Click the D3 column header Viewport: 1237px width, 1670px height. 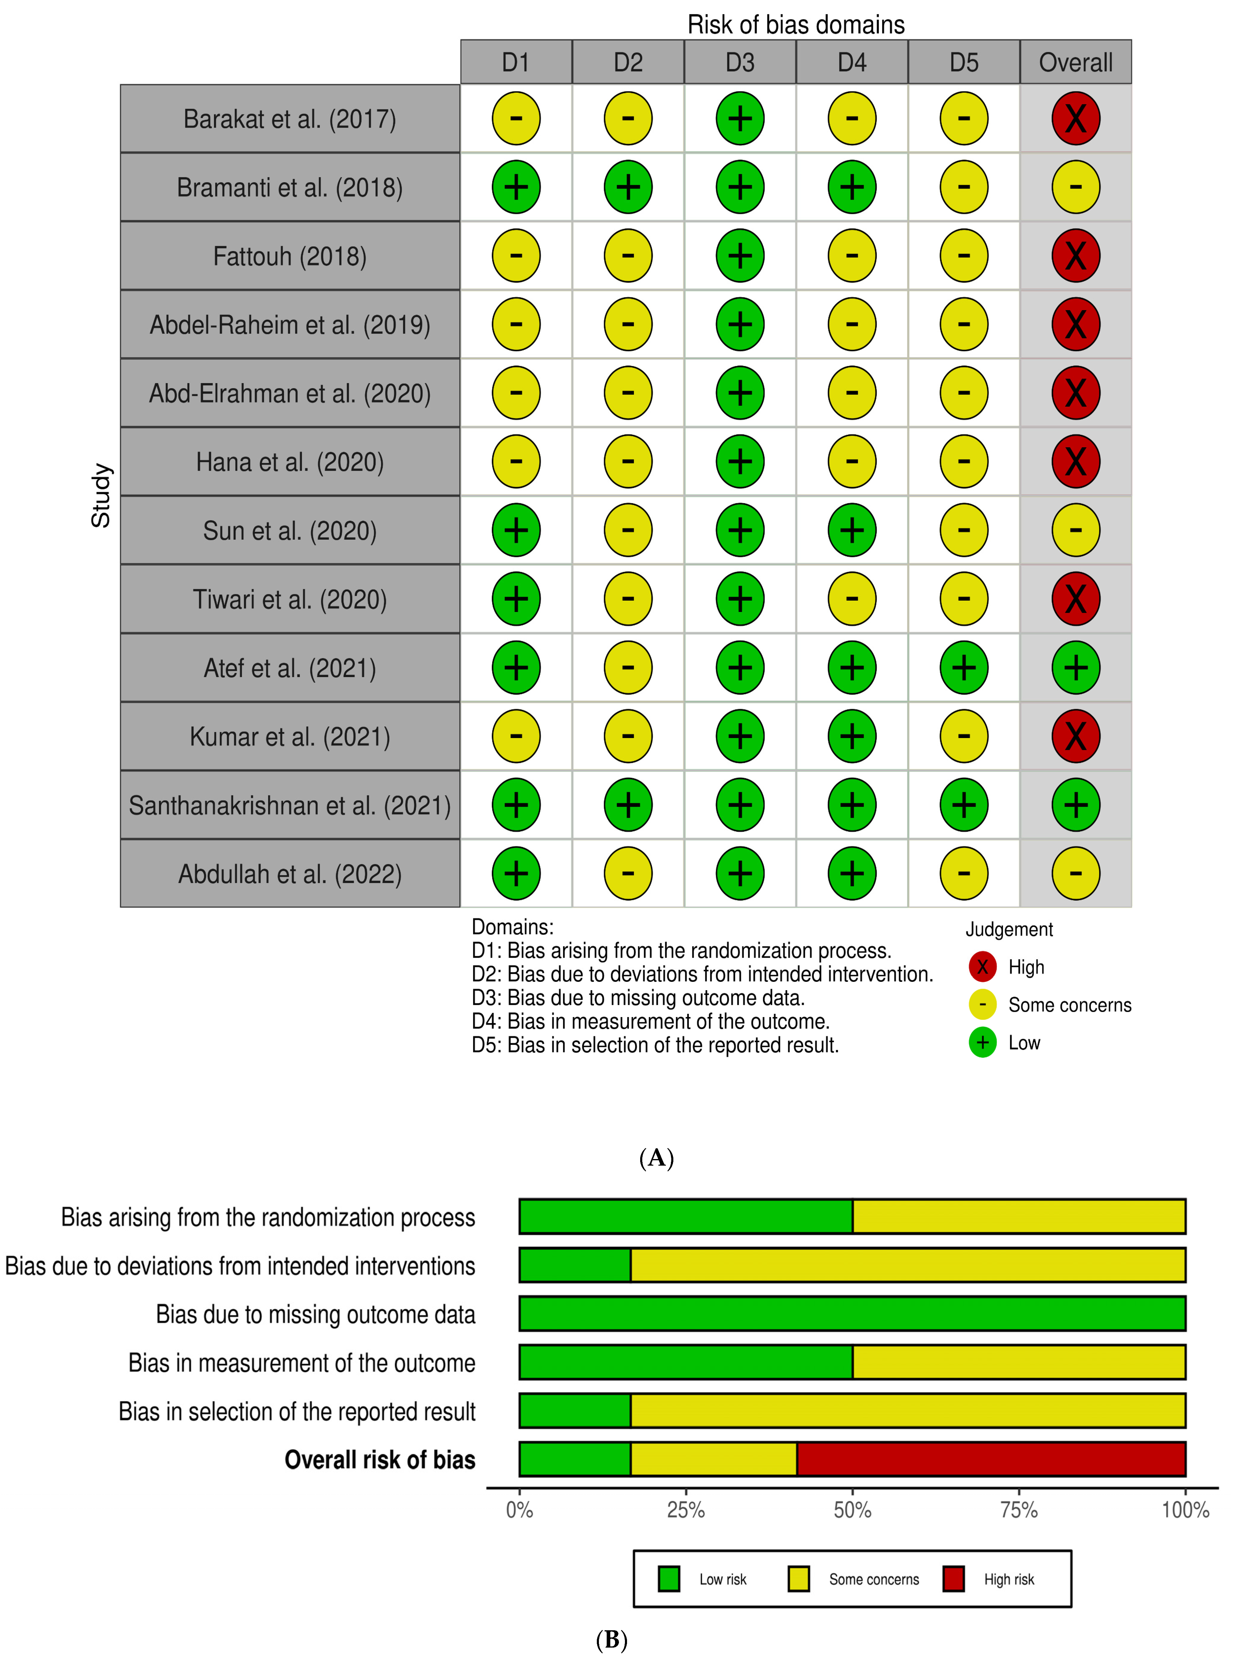coord(740,62)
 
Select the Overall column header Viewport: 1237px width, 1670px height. coord(1075,62)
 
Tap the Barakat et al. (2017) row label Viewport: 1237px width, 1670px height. coord(290,119)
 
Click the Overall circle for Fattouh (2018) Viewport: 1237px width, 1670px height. coord(1075,255)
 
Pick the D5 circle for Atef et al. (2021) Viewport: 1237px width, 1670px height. coord(964,667)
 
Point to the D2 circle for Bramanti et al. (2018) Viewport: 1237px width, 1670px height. coord(628,187)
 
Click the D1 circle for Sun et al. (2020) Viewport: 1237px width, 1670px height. coord(516,530)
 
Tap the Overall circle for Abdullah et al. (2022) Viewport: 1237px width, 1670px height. coord(1075,873)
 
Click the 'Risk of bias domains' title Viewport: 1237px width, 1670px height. coord(796,25)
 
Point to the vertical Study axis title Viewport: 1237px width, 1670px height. coord(101,495)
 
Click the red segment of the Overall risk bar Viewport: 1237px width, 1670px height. coord(991,1458)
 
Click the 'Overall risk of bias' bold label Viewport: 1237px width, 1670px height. coord(380,1460)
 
